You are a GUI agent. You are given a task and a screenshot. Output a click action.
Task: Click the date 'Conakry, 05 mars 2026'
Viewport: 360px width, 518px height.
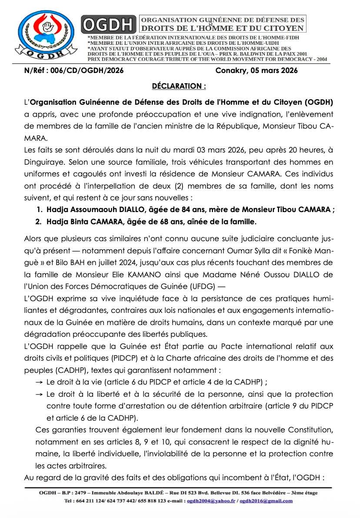[x=257, y=71]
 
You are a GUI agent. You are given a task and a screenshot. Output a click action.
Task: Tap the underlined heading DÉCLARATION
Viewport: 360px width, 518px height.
[x=179, y=86]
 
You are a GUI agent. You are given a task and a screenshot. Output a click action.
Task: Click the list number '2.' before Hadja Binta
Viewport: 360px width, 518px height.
[x=38, y=222]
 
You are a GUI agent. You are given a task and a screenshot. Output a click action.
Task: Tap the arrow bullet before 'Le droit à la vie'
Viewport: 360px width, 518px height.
[x=39, y=382]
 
